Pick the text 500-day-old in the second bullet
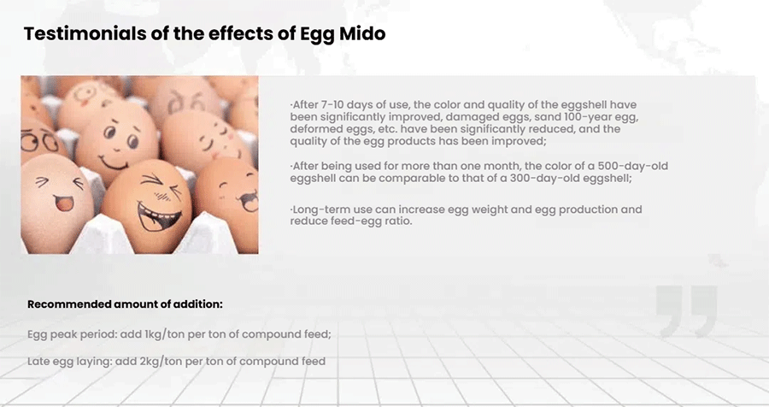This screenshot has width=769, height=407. click(x=632, y=166)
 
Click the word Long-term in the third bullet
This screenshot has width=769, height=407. click(x=318, y=209)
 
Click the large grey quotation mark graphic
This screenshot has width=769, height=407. click(x=687, y=310)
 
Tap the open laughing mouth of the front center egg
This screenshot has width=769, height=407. click(x=157, y=216)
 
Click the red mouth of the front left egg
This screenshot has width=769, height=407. click(x=64, y=202)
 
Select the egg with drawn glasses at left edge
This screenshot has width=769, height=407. click(x=37, y=140)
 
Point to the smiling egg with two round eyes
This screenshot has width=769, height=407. click(x=117, y=143)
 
